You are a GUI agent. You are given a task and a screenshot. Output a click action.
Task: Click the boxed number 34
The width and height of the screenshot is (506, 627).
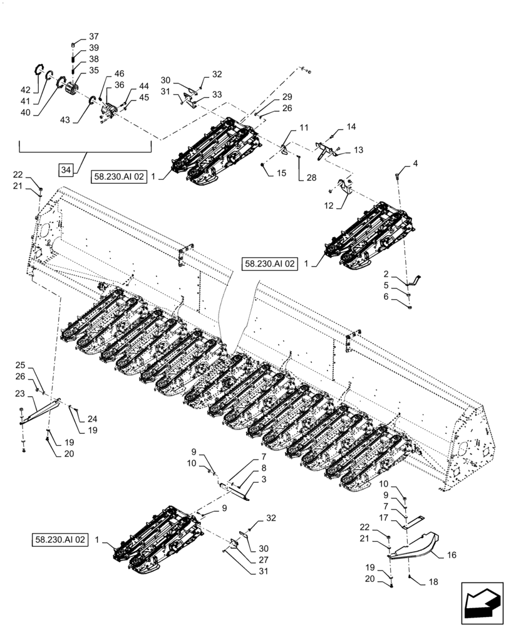click(x=68, y=169)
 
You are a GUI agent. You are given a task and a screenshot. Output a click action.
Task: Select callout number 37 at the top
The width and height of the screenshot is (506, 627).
click(x=93, y=36)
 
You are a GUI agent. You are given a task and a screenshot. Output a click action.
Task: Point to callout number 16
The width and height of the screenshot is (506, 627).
click(x=451, y=556)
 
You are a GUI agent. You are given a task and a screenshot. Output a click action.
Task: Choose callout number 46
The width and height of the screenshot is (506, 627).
click(x=119, y=73)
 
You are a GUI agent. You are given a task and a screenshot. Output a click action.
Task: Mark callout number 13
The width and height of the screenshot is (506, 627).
click(x=358, y=150)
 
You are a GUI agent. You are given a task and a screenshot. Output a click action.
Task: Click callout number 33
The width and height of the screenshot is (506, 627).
click(x=216, y=95)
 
